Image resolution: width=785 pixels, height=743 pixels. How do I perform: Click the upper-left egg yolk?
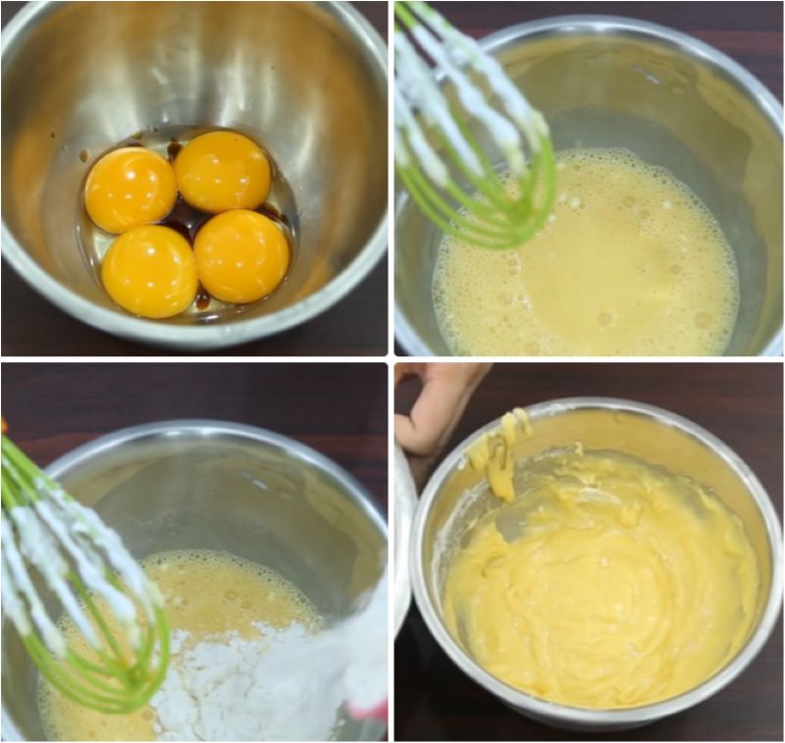(130, 188)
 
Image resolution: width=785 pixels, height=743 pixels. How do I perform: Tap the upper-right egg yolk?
(222, 171)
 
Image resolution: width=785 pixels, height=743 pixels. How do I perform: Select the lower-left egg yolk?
(149, 271)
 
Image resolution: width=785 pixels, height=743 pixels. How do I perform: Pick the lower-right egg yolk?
(241, 256)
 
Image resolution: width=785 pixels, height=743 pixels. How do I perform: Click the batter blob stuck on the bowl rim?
(500, 451)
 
